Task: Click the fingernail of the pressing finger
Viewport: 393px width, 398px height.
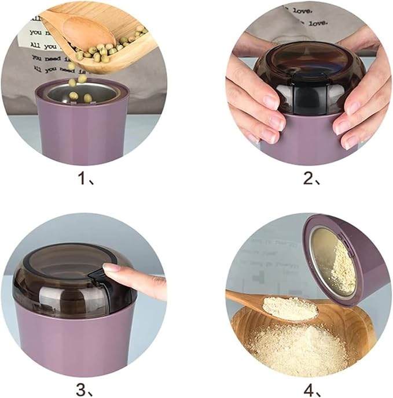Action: click(x=112, y=268)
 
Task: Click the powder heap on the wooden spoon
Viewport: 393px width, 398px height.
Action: click(x=289, y=307)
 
